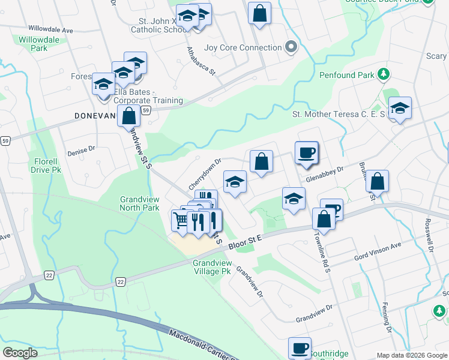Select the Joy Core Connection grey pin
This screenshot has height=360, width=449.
(x=291, y=47)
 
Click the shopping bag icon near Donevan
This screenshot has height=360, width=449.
(x=128, y=116)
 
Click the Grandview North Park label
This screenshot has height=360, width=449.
(x=139, y=203)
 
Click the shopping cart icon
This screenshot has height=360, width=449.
(x=181, y=219)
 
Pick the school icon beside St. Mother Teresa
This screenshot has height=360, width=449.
(x=399, y=108)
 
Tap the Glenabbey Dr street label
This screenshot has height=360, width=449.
(x=324, y=170)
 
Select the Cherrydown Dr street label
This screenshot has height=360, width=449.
(x=205, y=172)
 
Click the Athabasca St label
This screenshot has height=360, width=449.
(x=200, y=61)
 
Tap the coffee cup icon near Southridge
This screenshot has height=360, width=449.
(x=300, y=348)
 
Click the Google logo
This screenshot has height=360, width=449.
(x=20, y=353)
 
